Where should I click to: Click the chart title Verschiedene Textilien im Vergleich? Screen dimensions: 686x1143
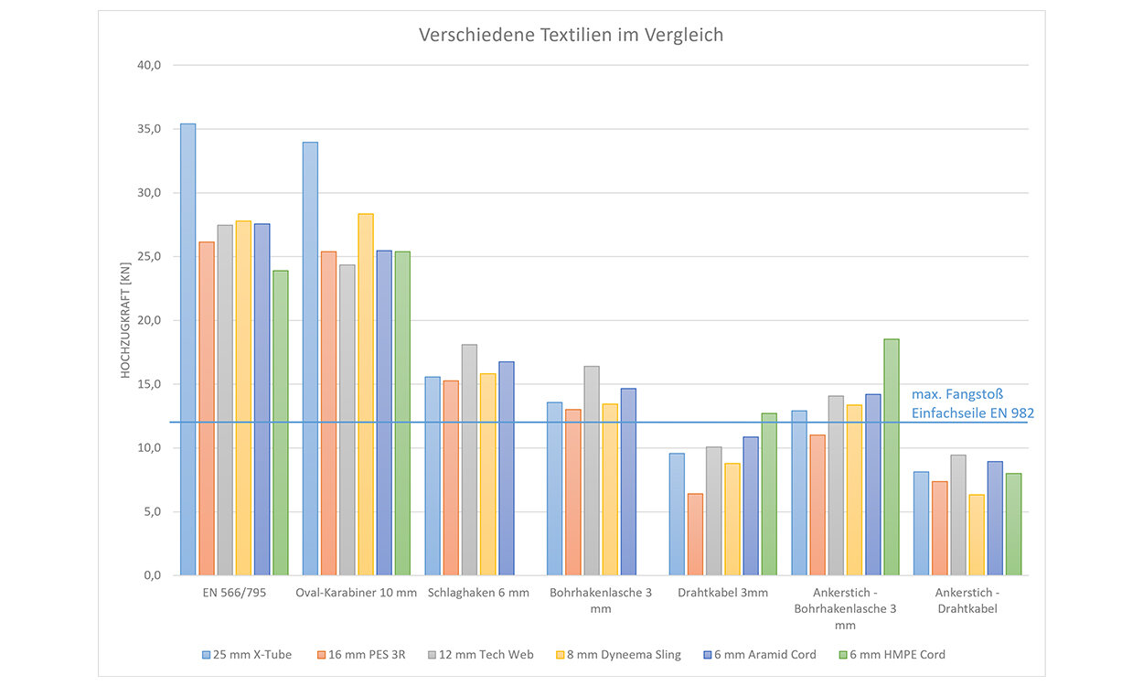tap(571, 36)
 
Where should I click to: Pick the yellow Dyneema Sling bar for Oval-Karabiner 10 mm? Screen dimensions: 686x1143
tap(366, 394)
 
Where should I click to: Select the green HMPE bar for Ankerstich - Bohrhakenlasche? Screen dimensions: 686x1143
tap(891, 457)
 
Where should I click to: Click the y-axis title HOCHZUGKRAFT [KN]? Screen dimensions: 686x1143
tap(126, 320)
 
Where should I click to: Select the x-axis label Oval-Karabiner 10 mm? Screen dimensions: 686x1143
tap(356, 593)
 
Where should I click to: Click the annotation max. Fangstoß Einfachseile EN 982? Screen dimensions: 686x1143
tap(972, 404)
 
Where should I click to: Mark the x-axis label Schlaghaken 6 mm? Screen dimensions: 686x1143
tap(478, 593)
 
